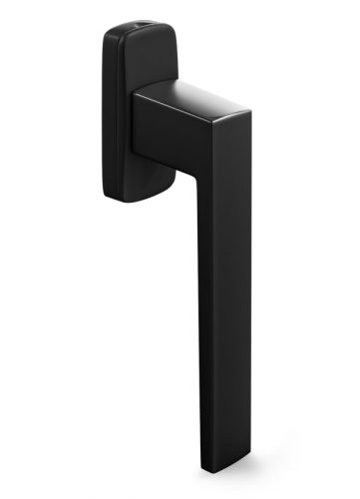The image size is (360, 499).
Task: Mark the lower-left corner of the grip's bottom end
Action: point(201,466)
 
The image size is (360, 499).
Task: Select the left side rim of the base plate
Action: point(106,110)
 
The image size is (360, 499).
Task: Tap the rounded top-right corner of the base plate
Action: point(176,36)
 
